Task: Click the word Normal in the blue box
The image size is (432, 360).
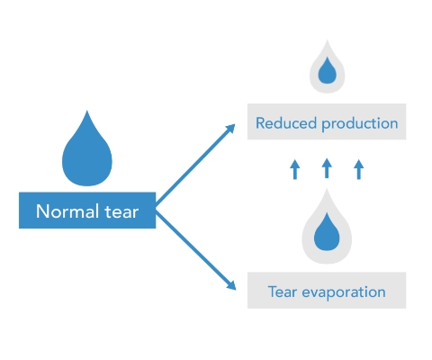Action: click(x=67, y=211)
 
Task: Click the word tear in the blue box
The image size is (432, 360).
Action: click(x=121, y=211)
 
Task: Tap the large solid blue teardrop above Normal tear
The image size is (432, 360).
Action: click(x=87, y=148)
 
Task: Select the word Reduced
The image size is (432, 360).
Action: click(x=286, y=123)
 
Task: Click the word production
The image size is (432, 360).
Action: click(x=360, y=124)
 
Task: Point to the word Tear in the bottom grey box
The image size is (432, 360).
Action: click(x=283, y=292)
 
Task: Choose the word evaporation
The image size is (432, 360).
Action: click(x=344, y=292)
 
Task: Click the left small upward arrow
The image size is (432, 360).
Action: click(x=295, y=169)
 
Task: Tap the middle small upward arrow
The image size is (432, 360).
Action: click(x=327, y=168)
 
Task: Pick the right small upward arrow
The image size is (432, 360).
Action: click(x=359, y=169)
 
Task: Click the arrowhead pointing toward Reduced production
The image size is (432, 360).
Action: click(x=230, y=129)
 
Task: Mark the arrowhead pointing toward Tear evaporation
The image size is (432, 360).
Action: click(x=231, y=285)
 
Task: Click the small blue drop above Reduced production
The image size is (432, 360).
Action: click(x=327, y=70)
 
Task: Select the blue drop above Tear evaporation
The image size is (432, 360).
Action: click(x=327, y=231)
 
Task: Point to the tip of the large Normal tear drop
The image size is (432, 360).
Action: click(x=87, y=111)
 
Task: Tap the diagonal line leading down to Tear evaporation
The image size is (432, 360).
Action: click(x=195, y=249)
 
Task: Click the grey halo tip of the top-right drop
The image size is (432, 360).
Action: click(x=327, y=40)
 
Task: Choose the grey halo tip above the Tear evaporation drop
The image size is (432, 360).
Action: click(x=327, y=189)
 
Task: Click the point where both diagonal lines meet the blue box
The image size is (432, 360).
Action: click(x=156, y=208)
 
